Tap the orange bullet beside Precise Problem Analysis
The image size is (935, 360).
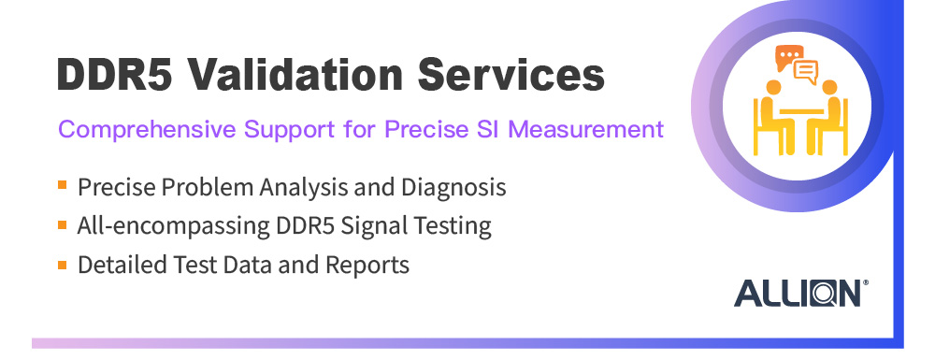coord(62,186)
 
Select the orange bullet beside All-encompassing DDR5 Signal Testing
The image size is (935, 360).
coord(62,225)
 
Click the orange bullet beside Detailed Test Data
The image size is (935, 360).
coord(62,265)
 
